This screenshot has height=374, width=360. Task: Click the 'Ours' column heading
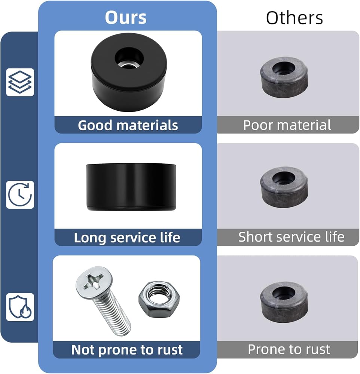pyautogui.click(x=126, y=18)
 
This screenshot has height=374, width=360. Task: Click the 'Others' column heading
pyautogui.click(x=295, y=18)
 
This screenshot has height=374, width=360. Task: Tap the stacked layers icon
pyautogui.click(x=20, y=82)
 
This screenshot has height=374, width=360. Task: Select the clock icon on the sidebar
pyautogui.click(x=20, y=194)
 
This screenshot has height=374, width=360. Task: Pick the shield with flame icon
pyautogui.click(x=20, y=307)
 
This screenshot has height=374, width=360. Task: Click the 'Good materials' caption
pyautogui.click(x=128, y=125)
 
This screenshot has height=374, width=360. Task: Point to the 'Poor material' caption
pyautogui.click(x=287, y=125)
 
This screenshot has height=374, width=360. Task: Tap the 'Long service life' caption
pyautogui.click(x=127, y=237)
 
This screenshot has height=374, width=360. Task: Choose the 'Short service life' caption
pyautogui.click(x=291, y=237)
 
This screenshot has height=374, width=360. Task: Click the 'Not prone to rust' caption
pyautogui.click(x=127, y=350)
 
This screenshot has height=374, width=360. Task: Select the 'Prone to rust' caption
pyautogui.click(x=289, y=349)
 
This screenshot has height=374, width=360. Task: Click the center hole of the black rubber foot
pyautogui.click(x=129, y=58)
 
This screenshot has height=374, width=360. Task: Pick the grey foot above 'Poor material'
pyautogui.click(x=284, y=76)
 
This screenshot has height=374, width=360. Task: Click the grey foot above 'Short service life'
pyautogui.click(x=284, y=186)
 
